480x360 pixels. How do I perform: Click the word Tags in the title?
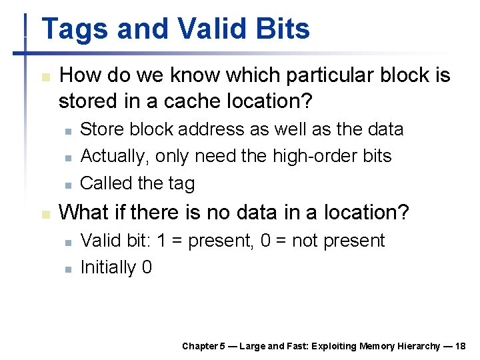[73, 30]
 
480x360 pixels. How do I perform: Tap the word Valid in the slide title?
[203, 30]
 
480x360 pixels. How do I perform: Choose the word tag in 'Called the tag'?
[181, 183]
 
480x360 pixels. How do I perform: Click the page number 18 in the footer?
[459, 346]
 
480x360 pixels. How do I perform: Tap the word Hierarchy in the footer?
[419, 346]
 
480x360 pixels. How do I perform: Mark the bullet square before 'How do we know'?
[45, 77]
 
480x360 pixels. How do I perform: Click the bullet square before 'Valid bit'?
[67, 241]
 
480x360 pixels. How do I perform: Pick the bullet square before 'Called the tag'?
[67, 183]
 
